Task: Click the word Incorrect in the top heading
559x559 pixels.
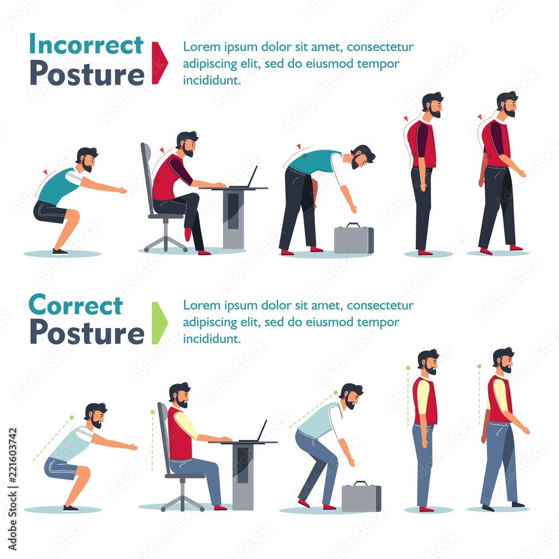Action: click(86, 44)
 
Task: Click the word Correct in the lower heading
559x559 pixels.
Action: click(75, 305)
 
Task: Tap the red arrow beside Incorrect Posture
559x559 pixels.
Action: click(159, 63)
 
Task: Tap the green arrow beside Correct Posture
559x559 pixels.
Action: click(159, 323)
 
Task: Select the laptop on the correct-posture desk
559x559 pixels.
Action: click(255, 433)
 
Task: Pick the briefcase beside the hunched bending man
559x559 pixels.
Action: click(354, 239)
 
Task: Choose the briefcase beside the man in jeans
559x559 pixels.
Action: click(362, 496)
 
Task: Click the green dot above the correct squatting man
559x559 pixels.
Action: click(72, 417)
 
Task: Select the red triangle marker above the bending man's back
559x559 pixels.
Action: click(299, 146)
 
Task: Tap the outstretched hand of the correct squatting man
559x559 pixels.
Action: click(133, 447)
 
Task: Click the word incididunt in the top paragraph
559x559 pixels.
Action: click(212, 80)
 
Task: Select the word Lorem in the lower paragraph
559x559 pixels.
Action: click(198, 305)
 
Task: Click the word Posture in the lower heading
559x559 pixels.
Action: click(87, 331)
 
